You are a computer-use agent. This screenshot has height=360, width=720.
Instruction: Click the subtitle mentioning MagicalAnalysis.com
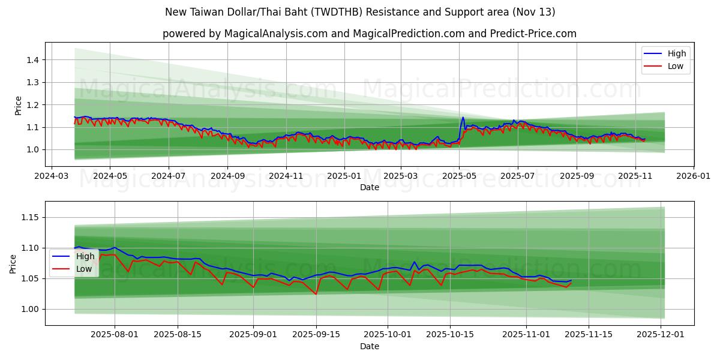(369, 34)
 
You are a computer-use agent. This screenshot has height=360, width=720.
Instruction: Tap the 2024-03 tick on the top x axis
(52, 176)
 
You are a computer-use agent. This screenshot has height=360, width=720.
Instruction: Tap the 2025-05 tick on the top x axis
(459, 176)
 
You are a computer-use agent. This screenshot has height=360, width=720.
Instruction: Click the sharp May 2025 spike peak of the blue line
(463, 118)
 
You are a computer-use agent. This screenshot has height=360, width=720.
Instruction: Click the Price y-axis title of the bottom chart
(13, 264)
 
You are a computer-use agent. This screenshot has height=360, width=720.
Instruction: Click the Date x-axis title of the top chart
(369, 187)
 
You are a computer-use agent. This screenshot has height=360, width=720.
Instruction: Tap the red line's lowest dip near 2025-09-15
(316, 294)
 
